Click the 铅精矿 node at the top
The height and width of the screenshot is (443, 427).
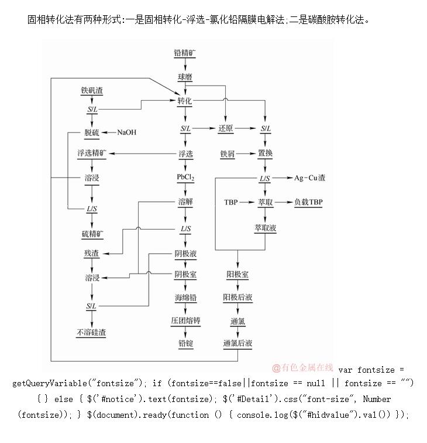click(185, 53)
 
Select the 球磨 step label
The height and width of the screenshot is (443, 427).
click(185, 77)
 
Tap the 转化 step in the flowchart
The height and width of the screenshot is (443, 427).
click(185, 101)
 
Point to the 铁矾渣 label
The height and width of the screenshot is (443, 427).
click(92, 91)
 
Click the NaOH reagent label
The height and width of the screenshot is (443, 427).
click(126, 132)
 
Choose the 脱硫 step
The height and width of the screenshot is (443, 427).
click(92, 132)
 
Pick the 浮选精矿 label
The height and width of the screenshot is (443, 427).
click(92, 154)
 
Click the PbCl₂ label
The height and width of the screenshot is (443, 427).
click(185, 177)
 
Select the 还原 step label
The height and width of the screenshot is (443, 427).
click(226, 128)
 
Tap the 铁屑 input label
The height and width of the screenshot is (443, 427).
click(228, 154)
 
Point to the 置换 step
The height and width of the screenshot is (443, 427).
click(265, 154)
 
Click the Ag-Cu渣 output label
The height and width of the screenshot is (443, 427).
click(310, 178)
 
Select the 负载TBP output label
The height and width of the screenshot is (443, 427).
click(308, 202)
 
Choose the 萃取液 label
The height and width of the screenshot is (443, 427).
click(265, 227)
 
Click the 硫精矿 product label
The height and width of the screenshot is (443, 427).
click(92, 234)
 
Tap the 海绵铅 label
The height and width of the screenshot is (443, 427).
click(185, 298)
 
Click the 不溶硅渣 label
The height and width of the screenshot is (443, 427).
click(92, 332)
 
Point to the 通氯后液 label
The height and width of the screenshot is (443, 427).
click(237, 343)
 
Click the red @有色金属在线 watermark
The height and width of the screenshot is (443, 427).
click(303, 368)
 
